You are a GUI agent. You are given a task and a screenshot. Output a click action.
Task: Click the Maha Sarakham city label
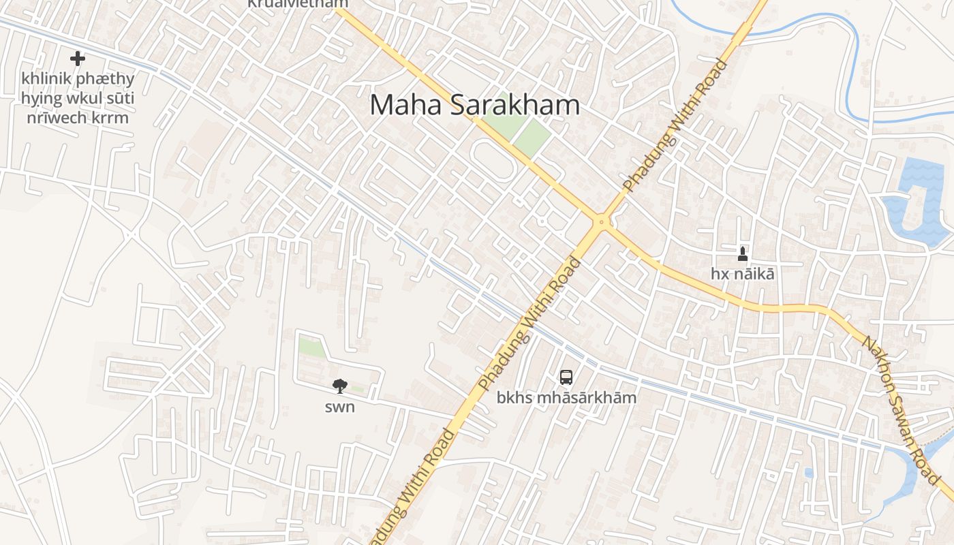point(475,106)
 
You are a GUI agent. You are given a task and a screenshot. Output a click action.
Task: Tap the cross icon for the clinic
point(78,59)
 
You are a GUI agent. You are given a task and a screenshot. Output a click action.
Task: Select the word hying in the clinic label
point(40,99)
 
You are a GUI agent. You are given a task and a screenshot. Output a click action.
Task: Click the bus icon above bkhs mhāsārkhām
point(566,377)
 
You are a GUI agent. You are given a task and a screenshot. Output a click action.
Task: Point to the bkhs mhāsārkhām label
point(566,397)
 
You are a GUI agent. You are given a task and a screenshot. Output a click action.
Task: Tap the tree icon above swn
point(339,387)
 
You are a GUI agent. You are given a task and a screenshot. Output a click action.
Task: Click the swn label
point(339,407)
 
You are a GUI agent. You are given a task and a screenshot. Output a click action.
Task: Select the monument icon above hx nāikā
point(743,255)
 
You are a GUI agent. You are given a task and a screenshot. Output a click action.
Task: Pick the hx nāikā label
point(743,274)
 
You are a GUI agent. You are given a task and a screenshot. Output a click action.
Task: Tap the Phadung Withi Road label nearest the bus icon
point(529,324)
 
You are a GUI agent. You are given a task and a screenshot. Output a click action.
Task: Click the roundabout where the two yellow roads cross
point(602,221)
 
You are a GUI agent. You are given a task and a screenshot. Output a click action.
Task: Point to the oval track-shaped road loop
point(492,159)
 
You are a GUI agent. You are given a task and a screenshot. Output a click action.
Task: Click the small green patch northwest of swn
point(311,347)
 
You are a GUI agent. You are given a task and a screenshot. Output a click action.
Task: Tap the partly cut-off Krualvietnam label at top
point(297,3)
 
